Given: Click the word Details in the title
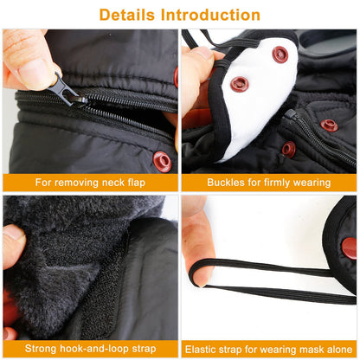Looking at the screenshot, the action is coord(126,15).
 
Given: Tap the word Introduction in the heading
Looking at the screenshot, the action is coord(210,15).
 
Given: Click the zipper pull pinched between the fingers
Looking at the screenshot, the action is coord(68,90).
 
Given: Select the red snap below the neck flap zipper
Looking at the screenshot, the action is coord(163,162).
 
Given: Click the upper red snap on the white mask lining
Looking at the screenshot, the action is coord(280,55).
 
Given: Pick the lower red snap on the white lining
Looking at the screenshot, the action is coord(240,84).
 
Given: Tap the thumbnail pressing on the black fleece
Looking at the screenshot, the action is coord(15,235).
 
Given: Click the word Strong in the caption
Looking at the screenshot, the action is coord(41,349).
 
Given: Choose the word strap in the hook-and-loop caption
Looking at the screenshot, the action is coord(144,349).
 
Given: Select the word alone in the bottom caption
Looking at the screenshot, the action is coord(339,350).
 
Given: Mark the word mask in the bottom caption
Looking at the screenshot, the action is coord(311,350).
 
